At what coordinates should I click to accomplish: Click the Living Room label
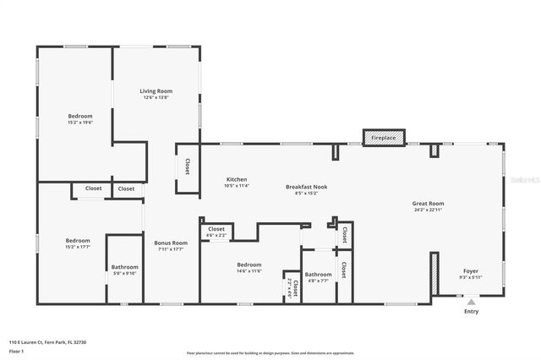(156, 90)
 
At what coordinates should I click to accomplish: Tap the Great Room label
(428, 204)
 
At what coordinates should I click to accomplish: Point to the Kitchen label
(236, 179)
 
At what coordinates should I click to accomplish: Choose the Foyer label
(469, 270)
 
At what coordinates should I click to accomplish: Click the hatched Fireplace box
(384, 137)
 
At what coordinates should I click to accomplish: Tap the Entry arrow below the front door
(471, 300)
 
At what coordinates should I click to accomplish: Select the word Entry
(471, 312)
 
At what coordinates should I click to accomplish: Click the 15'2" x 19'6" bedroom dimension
(80, 123)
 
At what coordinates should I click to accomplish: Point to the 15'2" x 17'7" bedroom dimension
(78, 247)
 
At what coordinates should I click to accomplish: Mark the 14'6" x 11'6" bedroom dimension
(249, 271)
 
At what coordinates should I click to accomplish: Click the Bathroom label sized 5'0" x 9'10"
(125, 267)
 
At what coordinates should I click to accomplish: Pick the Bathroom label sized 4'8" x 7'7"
(318, 274)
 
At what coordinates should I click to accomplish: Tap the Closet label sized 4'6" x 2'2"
(216, 229)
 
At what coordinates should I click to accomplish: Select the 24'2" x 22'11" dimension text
(428, 210)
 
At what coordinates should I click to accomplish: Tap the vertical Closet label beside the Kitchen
(187, 166)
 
